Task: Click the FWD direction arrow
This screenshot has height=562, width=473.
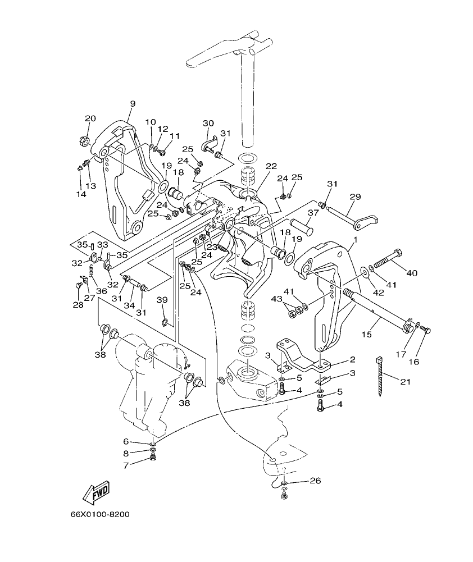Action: (x=95, y=491)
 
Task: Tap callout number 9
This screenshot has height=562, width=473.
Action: (x=117, y=103)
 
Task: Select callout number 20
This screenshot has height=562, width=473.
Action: (x=90, y=118)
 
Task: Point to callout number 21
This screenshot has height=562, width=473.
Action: (x=406, y=382)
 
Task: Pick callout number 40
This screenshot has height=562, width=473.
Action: (x=412, y=273)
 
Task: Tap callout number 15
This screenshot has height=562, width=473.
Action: (x=366, y=335)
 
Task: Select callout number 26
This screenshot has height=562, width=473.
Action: (x=315, y=481)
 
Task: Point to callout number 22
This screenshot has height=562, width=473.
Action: (x=271, y=166)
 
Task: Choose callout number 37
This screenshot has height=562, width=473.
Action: (x=313, y=212)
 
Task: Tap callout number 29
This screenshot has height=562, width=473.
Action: (x=355, y=197)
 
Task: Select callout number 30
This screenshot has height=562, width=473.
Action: (x=208, y=123)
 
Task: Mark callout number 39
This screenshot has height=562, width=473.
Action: (x=162, y=301)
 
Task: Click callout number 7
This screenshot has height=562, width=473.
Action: (x=126, y=465)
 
